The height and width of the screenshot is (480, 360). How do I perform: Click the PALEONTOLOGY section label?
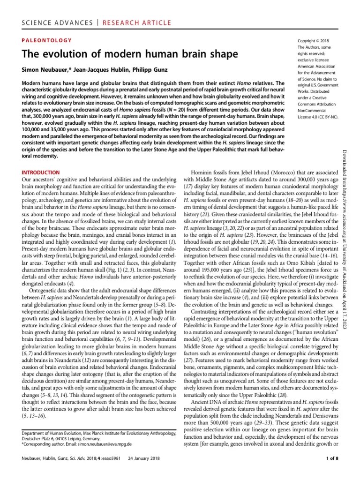[47, 41]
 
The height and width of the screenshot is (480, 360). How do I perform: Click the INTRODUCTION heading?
[41, 172]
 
